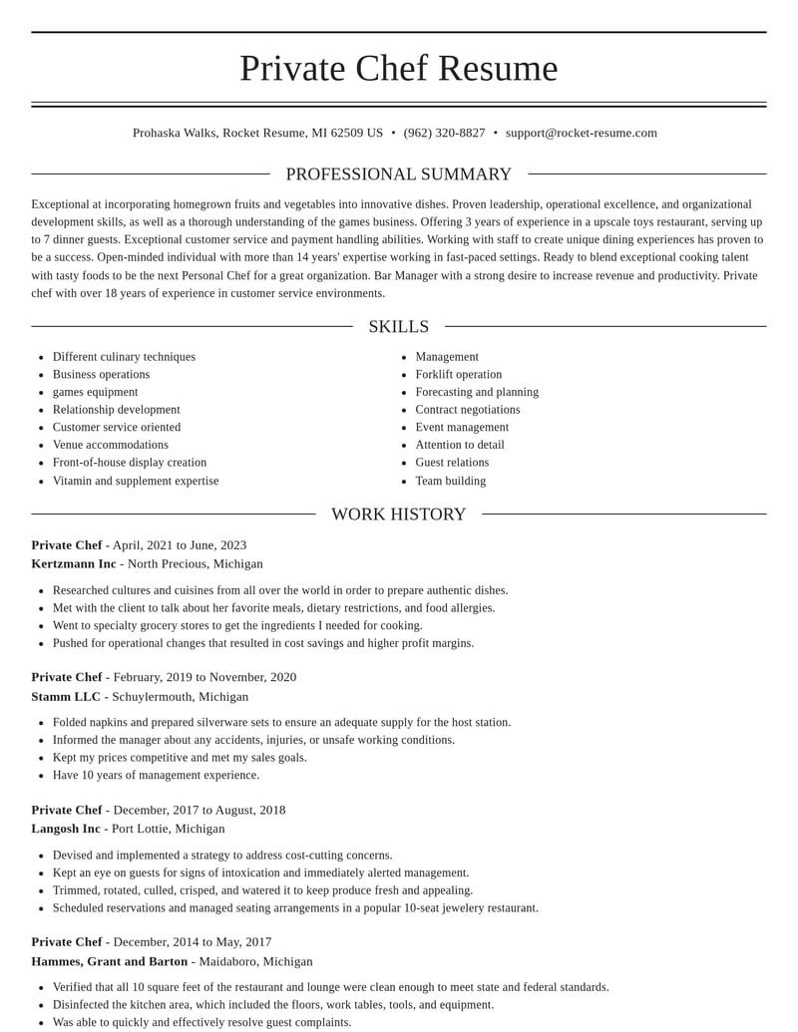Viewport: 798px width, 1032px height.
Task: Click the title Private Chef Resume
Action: coord(398,68)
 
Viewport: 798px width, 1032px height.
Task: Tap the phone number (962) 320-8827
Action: coord(444,133)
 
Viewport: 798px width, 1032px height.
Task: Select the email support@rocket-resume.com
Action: coord(581,133)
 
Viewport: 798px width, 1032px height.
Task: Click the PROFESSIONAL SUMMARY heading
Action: coord(398,174)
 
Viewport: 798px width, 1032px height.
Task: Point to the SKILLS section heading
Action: coord(398,327)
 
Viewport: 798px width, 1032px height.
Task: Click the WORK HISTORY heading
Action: coord(398,515)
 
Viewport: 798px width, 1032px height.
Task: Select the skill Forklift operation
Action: coord(458,375)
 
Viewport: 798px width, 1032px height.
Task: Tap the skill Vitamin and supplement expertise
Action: coord(136,481)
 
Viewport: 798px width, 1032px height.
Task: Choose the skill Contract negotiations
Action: coord(467,410)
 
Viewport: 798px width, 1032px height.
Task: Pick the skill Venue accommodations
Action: coord(111,445)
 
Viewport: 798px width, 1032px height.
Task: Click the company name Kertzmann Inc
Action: coord(74,563)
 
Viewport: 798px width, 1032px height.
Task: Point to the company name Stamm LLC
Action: coord(66,696)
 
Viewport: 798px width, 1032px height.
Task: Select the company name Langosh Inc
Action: coord(66,829)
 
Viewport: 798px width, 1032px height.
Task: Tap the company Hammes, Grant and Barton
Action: coord(110,961)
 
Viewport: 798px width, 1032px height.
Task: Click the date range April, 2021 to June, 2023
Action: coord(180,545)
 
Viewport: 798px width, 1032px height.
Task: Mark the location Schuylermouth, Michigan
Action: coord(180,696)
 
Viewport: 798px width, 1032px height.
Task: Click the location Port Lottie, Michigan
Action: coord(168,829)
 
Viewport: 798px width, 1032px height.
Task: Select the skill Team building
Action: coord(451,481)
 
